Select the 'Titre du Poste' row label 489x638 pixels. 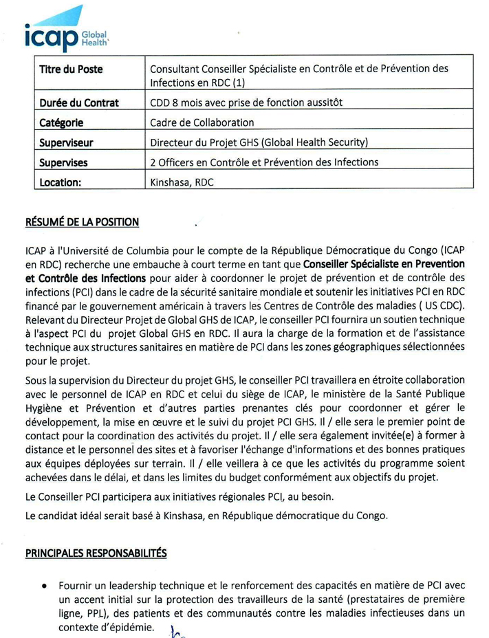(x=70, y=70)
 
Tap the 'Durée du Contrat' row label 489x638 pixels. (x=79, y=103)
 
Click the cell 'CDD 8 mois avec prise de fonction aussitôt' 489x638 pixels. (x=246, y=103)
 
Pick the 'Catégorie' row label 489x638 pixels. (x=61, y=123)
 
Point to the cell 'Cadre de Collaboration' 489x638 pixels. (x=202, y=123)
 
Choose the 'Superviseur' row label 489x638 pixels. (x=67, y=143)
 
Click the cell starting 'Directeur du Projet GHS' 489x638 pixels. (x=259, y=143)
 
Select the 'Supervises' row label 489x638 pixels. (x=63, y=163)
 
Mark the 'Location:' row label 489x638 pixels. (x=61, y=183)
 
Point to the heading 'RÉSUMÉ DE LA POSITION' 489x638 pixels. (x=83, y=222)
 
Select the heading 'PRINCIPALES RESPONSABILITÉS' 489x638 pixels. (x=96, y=552)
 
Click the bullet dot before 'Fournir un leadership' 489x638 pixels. (x=44, y=586)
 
